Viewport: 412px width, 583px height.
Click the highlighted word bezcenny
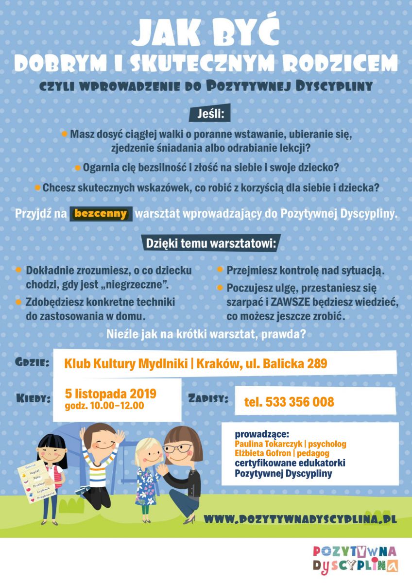tap(101, 213)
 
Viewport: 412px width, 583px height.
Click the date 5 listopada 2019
tap(111, 394)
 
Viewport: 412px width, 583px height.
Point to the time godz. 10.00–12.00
tap(104, 406)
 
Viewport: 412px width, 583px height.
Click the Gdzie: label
tap(32, 362)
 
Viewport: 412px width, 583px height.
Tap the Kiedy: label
tap(34, 398)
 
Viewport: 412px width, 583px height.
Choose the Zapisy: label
tap(207, 398)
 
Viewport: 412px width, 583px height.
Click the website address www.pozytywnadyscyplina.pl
tap(300, 518)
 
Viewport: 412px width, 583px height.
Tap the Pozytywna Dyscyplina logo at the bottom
tap(355, 558)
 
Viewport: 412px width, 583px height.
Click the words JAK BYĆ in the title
tap(206, 34)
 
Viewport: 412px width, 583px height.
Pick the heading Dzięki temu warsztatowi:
tap(210, 244)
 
